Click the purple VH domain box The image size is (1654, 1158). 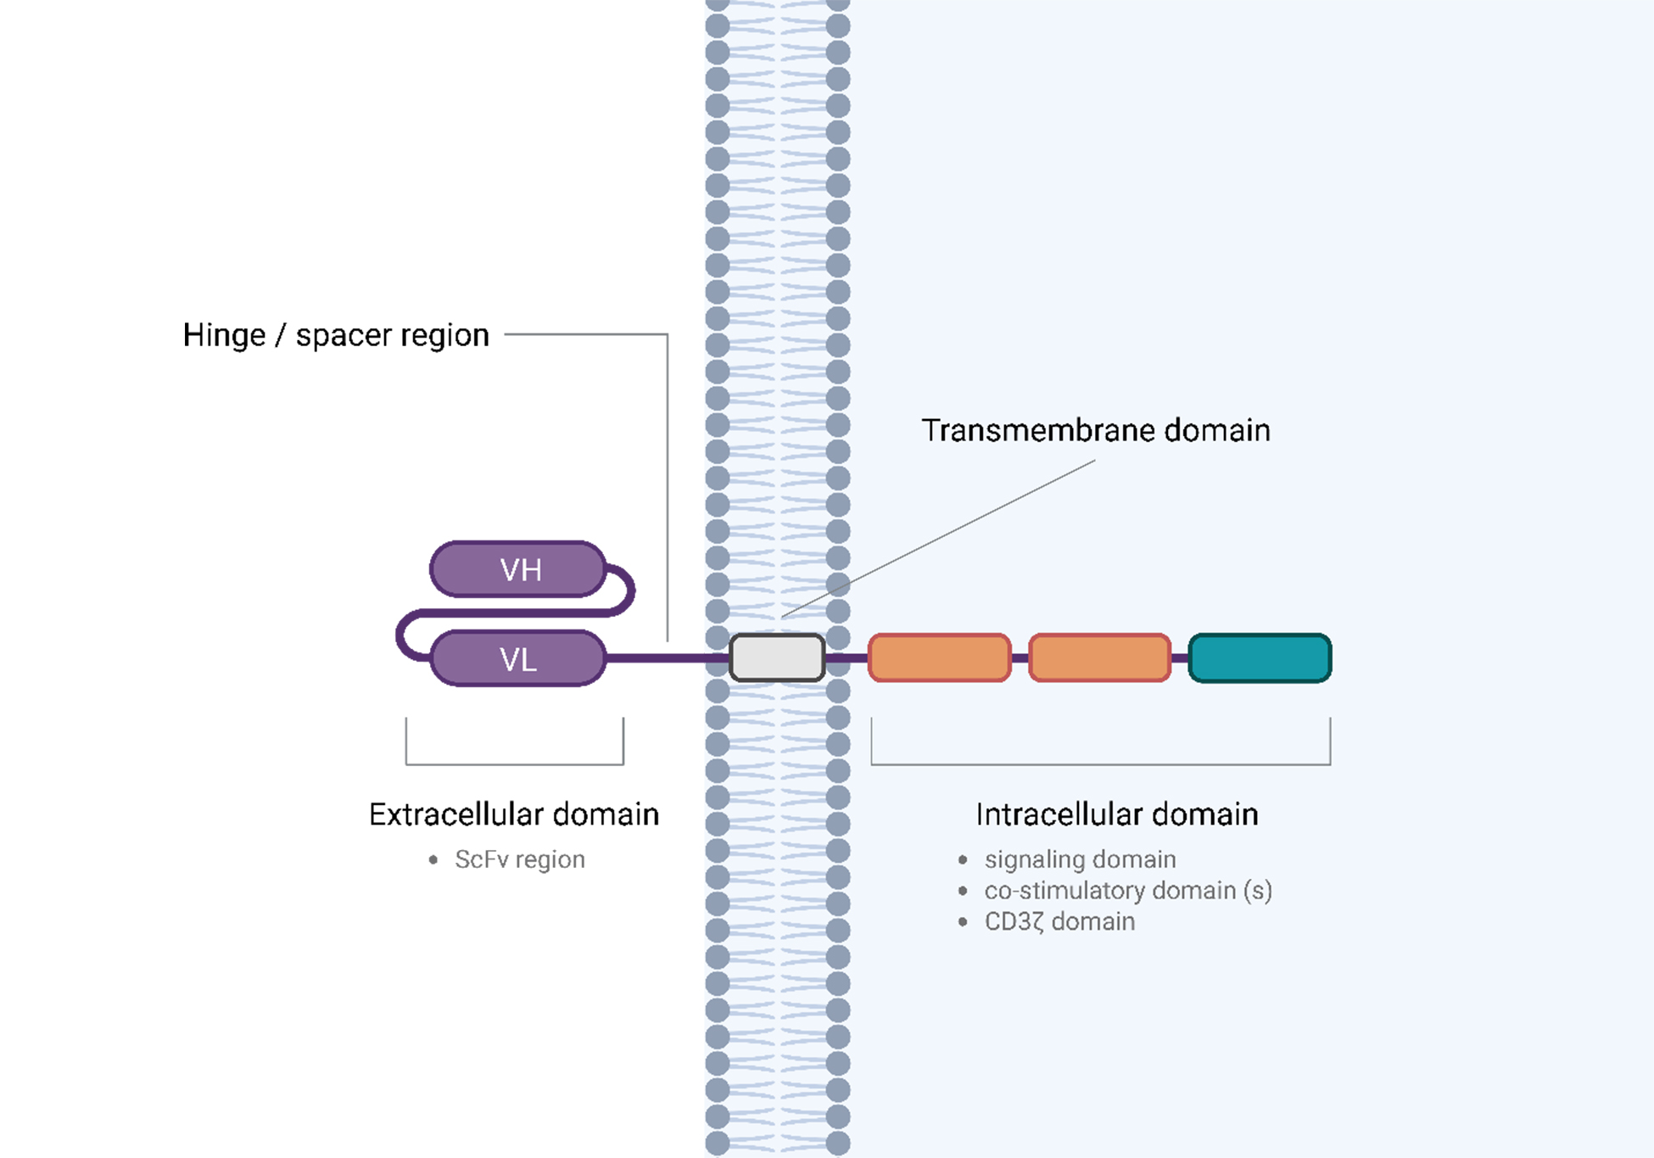pyautogui.click(x=518, y=569)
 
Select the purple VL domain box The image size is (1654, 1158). pyautogui.click(x=518, y=658)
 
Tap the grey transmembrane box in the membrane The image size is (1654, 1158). pyautogui.click(x=777, y=657)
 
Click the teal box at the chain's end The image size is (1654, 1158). pyautogui.click(x=1260, y=657)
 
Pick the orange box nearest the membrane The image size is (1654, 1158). pyautogui.click(x=940, y=657)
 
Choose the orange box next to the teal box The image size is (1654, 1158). pyautogui.click(x=1099, y=657)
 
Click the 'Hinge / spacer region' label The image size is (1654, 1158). pyautogui.click(x=336, y=335)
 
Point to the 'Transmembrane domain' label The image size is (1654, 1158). pyautogui.click(x=1096, y=430)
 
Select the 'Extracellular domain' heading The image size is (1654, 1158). pyautogui.click(x=514, y=814)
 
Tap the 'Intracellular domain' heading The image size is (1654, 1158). pyautogui.click(x=1117, y=814)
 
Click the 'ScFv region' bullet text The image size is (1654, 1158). pyautogui.click(x=519, y=859)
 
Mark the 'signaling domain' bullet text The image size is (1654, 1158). pyautogui.click(x=1080, y=859)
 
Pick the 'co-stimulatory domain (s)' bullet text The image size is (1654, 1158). pyautogui.click(x=1128, y=891)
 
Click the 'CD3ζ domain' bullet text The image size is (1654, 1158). pyautogui.click(x=1059, y=921)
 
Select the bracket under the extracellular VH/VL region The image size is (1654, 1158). pyautogui.click(x=514, y=764)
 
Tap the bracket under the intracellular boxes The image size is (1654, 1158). pyautogui.click(x=1100, y=764)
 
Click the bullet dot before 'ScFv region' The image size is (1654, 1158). pyautogui.click(x=433, y=860)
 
